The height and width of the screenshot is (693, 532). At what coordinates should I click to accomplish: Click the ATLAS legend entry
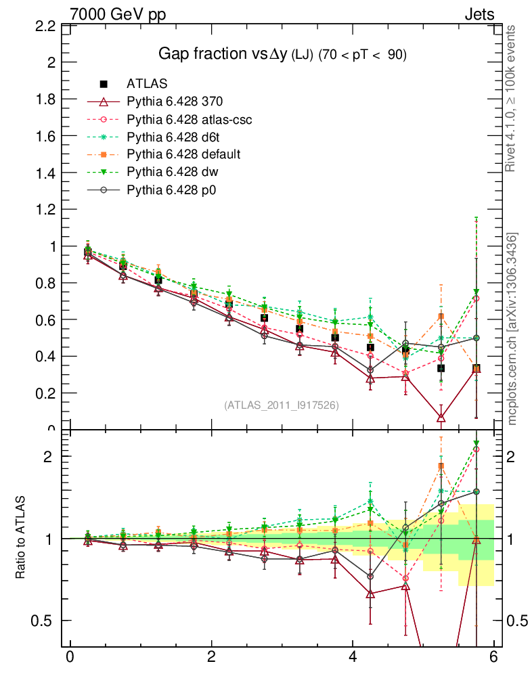click(147, 84)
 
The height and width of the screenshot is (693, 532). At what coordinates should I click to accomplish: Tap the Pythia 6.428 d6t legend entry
click(173, 137)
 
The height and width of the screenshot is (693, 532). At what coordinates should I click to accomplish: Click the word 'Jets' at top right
click(479, 14)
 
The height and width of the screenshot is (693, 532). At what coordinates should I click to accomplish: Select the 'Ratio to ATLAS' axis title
click(21, 538)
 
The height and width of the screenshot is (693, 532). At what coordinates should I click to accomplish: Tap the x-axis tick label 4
click(353, 656)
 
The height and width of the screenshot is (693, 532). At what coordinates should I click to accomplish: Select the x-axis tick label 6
click(494, 656)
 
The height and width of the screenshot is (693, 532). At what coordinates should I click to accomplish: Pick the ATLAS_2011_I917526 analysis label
click(282, 405)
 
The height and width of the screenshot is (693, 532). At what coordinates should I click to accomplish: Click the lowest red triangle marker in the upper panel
click(441, 418)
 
